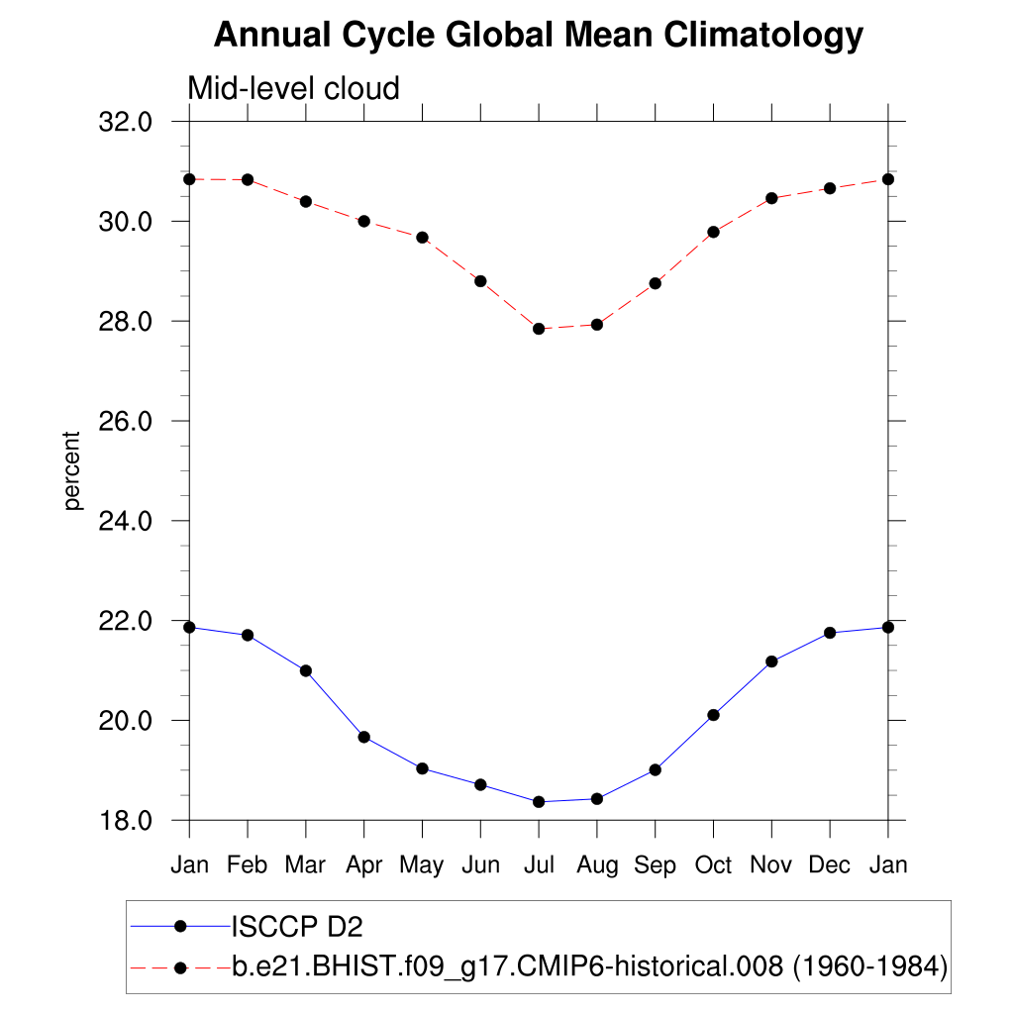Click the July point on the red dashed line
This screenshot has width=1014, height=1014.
[539, 329]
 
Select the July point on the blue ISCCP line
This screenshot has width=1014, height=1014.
[539, 802]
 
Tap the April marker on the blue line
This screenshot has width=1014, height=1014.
[363, 737]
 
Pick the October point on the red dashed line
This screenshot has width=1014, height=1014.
[713, 232]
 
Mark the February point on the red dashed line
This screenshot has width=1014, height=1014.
[248, 179]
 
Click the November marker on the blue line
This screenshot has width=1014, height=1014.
[771, 661]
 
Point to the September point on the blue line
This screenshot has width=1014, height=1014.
[655, 769]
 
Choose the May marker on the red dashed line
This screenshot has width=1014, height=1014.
[422, 238]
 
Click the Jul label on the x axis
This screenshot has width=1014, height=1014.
[539, 865]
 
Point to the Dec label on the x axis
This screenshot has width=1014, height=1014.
[830, 865]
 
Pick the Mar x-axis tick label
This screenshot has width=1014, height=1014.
[305, 865]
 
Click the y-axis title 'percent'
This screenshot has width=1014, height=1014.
[71, 471]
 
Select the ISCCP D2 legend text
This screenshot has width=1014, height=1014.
[297, 927]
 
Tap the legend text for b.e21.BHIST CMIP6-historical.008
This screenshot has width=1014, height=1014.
[590, 966]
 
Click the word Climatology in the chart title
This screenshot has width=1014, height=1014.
[763, 36]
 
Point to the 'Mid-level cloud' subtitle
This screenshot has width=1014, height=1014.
[294, 89]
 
